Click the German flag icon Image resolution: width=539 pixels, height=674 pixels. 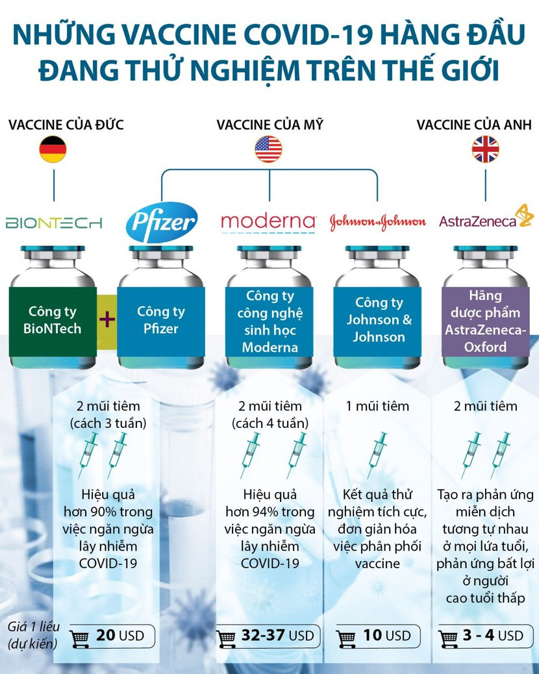click(x=53, y=149)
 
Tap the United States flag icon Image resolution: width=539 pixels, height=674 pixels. click(x=268, y=149)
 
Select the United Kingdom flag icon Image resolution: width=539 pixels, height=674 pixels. click(x=485, y=149)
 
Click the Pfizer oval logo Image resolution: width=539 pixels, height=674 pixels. click(x=162, y=223)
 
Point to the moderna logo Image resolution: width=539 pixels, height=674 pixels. click(x=268, y=221)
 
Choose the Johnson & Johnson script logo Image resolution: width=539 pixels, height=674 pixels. click(x=377, y=222)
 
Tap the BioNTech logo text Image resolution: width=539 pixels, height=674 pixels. click(x=54, y=223)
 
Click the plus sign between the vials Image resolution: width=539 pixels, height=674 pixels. click(x=107, y=319)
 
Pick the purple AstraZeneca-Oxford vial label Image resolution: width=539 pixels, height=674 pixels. click(x=485, y=321)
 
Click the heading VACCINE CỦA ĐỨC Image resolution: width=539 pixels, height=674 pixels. click(x=66, y=124)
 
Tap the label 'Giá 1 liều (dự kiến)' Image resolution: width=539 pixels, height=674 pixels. click(x=34, y=635)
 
